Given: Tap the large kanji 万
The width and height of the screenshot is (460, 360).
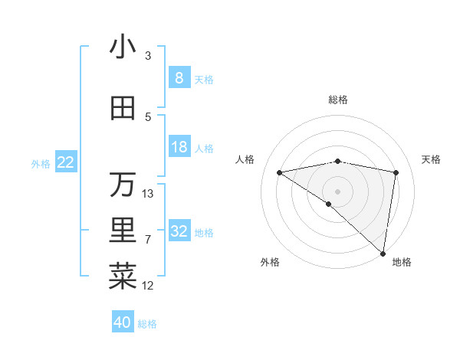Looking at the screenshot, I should click(x=123, y=185).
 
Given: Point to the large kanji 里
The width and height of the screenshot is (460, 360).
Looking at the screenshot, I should click(x=123, y=231).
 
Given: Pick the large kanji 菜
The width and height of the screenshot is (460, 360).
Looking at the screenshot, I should click(x=123, y=277).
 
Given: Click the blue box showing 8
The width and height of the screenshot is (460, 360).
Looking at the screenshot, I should click(x=179, y=78).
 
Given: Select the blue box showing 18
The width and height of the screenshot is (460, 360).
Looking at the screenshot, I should click(x=179, y=147).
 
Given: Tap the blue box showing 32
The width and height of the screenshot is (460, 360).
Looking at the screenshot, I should click(x=179, y=231).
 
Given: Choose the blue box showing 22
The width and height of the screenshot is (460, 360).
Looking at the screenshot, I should click(x=66, y=162).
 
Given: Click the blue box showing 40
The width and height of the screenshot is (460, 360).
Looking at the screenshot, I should click(x=123, y=322).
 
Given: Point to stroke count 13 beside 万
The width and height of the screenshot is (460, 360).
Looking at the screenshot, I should click(x=148, y=194).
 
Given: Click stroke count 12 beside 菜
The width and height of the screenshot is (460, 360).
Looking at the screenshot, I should click(x=148, y=286).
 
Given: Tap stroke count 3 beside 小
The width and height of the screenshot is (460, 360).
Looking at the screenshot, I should click(x=148, y=56).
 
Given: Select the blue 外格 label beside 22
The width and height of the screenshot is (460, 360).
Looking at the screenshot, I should click(x=40, y=163).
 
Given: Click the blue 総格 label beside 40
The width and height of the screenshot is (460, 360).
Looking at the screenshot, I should click(x=147, y=324).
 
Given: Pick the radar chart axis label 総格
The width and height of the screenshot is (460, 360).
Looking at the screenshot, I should click(x=338, y=100).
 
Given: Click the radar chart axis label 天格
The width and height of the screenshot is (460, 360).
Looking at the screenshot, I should click(x=432, y=159).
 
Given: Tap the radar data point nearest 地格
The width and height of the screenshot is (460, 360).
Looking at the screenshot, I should click(x=383, y=253).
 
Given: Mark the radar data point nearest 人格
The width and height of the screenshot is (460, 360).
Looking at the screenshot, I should click(x=280, y=172).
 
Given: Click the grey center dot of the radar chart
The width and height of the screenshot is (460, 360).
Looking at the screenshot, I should click(x=337, y=191).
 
